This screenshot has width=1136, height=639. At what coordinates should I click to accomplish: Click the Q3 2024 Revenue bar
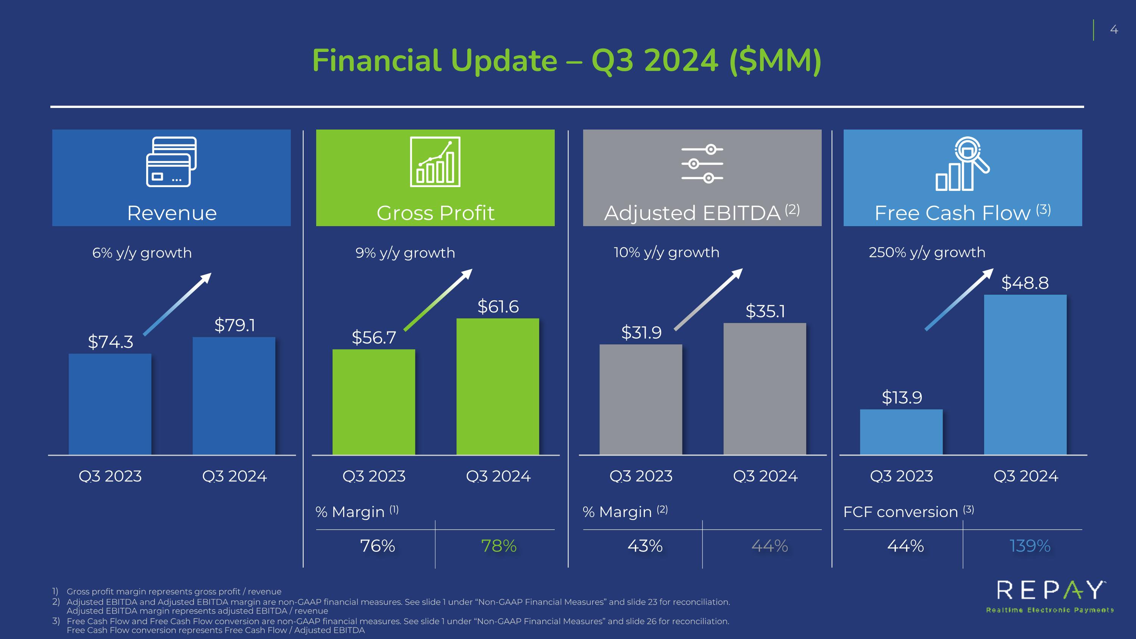[x=234, y=395]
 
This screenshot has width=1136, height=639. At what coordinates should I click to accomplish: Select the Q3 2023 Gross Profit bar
[x=373, y=402]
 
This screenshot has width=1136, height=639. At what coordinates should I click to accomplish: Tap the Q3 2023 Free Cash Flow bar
[x=901, y=432]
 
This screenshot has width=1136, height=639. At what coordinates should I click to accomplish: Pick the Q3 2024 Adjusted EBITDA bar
[x=765, y=389]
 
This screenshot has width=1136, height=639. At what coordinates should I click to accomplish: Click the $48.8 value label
[x=1025, y=283]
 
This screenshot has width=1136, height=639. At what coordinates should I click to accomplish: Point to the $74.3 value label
[x=110, y=342]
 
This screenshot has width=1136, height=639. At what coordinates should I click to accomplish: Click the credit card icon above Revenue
[x=172, y=161]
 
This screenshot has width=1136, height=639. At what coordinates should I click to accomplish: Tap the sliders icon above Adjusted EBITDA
[x=702, y=164]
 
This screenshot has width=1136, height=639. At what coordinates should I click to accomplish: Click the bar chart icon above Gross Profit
[x=435, y=161]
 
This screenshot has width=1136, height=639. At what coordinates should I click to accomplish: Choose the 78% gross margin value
[x=499, y=546]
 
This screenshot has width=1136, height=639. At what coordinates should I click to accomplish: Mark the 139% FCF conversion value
[x=1030, y=546]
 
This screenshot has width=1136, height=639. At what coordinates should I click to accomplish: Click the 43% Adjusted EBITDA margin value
[x=645, y=546]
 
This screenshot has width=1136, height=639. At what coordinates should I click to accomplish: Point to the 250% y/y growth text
[x=927, y=252]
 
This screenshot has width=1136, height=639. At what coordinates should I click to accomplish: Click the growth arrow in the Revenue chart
[x=177, y=304]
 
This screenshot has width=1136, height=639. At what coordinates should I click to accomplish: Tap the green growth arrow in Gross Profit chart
[x=438, y=300]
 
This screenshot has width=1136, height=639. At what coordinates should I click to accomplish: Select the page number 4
[x=1114, y=30]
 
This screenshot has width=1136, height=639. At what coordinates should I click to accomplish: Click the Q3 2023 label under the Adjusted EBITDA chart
[x=641, y=476]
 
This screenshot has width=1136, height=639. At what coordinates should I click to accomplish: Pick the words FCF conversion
[x=900, y=512]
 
